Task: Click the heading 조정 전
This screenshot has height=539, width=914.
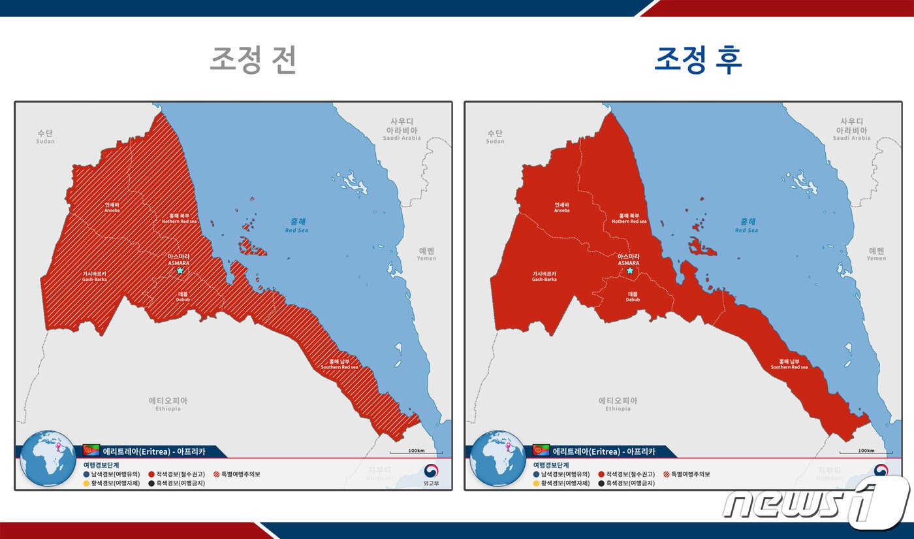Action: coord(253,60)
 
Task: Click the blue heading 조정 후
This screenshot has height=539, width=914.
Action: coord(699,60)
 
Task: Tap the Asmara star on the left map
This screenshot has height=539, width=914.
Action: coord(180,270)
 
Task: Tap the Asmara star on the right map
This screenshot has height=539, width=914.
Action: coord(630,270)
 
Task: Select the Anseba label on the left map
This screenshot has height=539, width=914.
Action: coord(112,207)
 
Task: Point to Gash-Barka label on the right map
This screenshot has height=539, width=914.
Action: coord(544,276)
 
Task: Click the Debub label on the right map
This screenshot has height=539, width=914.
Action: coord(633,297)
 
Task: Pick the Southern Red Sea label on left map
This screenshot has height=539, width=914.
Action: coord(339,364)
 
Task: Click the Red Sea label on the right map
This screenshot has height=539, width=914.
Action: coord(746,225)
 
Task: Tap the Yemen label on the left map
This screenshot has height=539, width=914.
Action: coord(427,253)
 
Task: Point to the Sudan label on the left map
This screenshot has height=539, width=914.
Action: coord(45,137)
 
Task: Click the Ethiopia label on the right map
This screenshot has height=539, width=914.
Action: coord(618,404)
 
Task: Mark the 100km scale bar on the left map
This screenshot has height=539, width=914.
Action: coord(416,451)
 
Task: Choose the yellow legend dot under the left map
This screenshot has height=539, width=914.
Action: coord(87,483)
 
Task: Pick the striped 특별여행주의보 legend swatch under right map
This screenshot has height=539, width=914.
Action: coord(666,474)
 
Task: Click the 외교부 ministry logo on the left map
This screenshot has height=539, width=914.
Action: coord(430,474)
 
